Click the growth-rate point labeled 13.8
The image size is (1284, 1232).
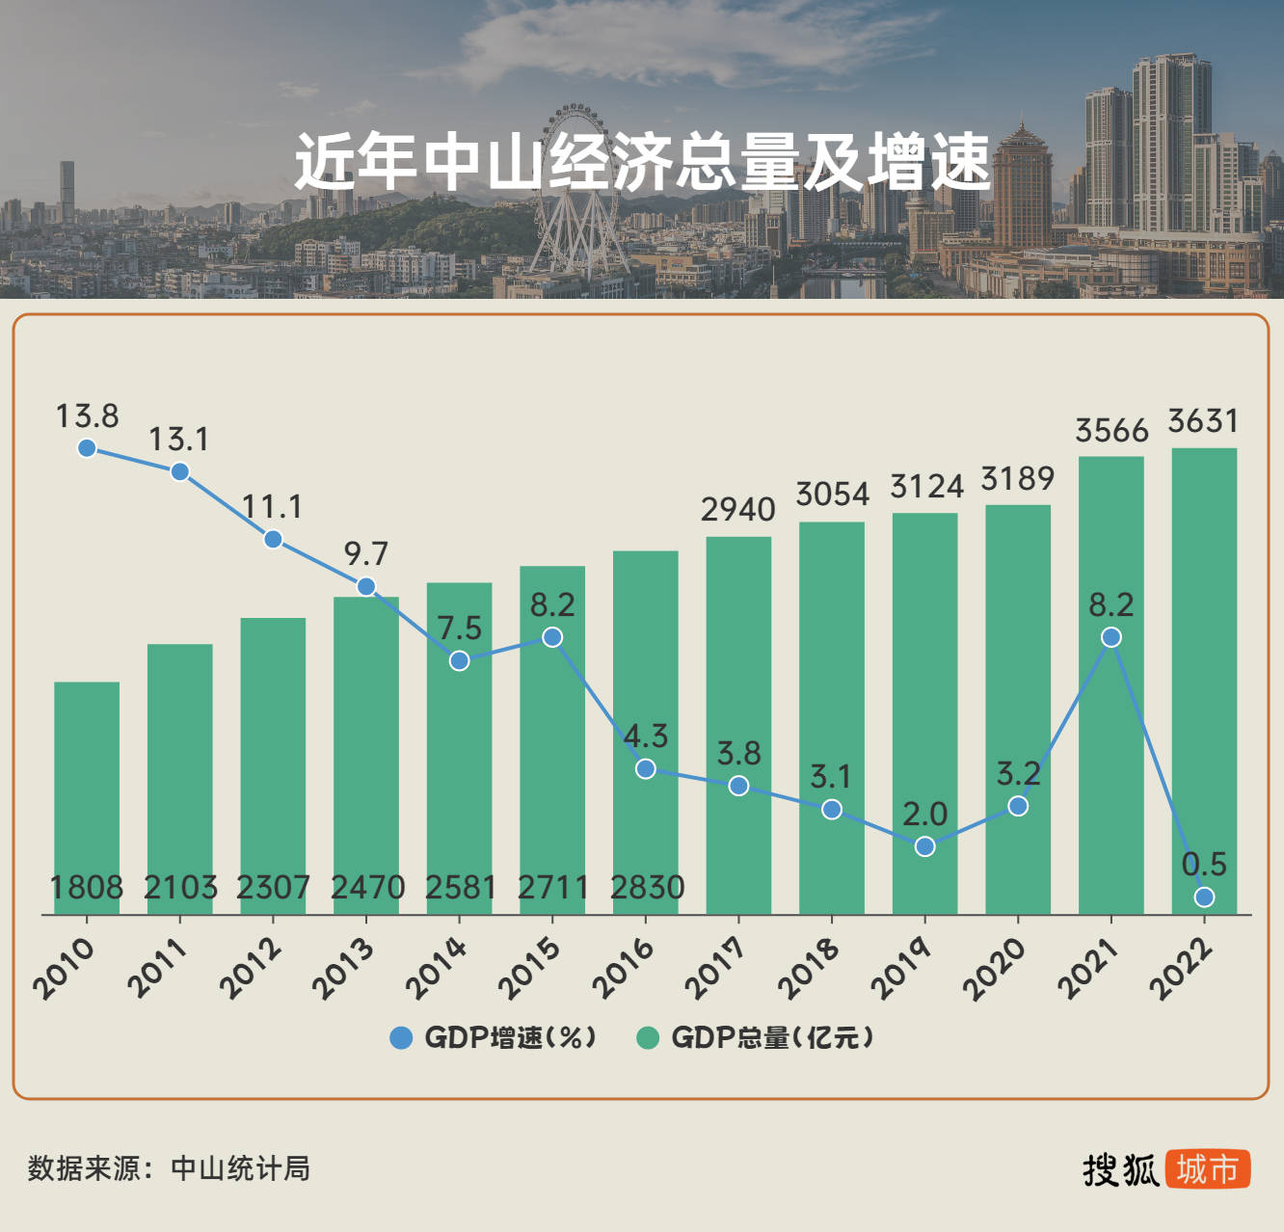pos(87,447)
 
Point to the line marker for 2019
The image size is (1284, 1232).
pos(924,846)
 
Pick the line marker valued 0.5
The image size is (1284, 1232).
pos(1204,897)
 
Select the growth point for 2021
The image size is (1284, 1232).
pos(1110,637)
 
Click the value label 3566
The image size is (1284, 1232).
pos(1111,430)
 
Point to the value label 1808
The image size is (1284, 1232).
pos(87,887)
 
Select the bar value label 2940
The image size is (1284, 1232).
pos(738,509)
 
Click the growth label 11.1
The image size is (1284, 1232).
pos(272,507)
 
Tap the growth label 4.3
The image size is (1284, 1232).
pos(645,737)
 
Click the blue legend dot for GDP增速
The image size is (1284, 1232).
pos(401,1037)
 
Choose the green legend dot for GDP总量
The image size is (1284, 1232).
pos(648,1037)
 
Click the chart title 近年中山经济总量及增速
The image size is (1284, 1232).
pos(642,161)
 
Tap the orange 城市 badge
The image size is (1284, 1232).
pos(1207,1169)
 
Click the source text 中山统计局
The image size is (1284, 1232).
pos(240,1168)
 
